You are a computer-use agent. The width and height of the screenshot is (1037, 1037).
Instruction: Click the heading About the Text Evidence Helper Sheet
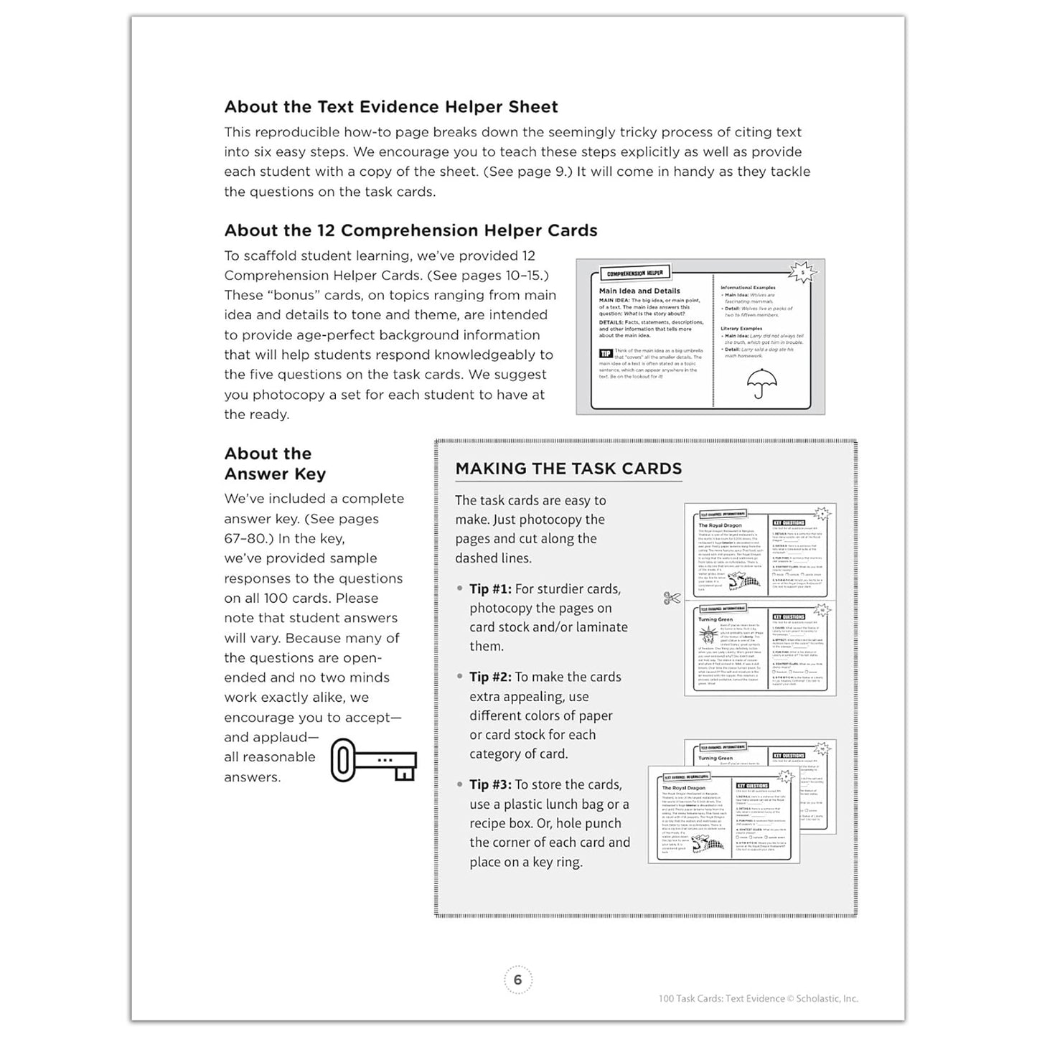[x=391, y=107]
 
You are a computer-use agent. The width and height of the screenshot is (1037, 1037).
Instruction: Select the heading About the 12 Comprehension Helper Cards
[x=410, y=230]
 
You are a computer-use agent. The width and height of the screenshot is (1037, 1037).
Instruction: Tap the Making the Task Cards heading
[x=568, y=469]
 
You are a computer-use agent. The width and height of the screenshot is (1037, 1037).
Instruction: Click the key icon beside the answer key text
[x=373, y=760]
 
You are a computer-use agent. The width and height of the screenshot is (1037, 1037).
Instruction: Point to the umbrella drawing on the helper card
[x=756, y=383]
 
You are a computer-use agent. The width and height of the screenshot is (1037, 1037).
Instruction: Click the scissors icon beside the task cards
[x=672, y=598]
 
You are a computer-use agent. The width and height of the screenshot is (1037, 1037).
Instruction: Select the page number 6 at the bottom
[x=517, y=980]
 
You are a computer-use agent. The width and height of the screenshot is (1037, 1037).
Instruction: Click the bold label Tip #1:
[x=490, y=589]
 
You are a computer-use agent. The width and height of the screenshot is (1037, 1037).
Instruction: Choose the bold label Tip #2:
[x=490, y=677]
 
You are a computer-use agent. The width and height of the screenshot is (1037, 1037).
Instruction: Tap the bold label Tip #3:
[x=490, y=785]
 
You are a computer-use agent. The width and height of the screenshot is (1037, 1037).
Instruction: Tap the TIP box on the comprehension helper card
[x=605, y=353]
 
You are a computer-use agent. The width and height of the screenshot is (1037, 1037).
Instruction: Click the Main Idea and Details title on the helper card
[x=639, y=291]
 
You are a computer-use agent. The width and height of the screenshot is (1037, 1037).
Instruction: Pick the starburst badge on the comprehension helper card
[x=802, y=272]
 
